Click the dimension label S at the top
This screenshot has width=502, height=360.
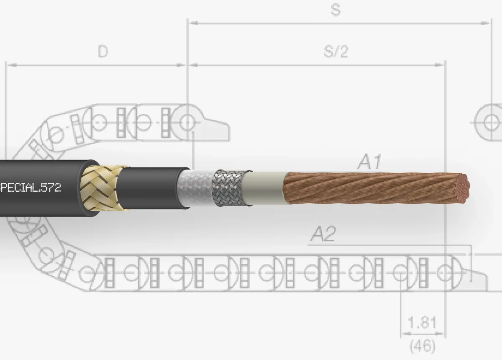pos(336,10)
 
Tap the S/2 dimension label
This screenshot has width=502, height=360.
pos(336,51)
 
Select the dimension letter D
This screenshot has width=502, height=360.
pos(103,51)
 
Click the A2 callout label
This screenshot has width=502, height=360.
pos(323,234)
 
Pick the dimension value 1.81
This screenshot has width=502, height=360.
pos(422,322)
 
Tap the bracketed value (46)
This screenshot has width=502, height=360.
pos(422,346)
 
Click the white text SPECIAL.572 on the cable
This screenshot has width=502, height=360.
pos(30,188)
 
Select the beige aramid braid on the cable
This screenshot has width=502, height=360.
pos(101,188)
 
